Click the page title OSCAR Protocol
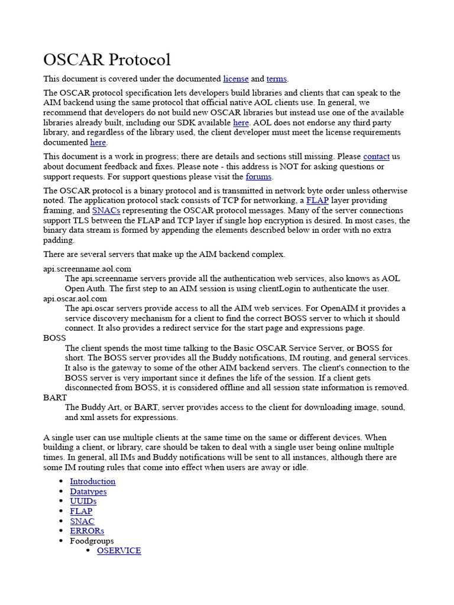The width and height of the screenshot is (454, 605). tap(107, 60)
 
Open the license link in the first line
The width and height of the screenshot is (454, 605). tap(236, 79)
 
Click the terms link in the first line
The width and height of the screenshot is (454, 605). tap(276, 79)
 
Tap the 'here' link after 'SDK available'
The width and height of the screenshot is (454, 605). tap(241, 123)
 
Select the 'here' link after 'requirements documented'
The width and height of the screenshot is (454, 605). tap(98, 142)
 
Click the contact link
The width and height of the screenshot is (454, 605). tap(376, 157)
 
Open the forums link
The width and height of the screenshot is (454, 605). tap(258, 177)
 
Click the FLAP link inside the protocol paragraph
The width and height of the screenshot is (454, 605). tap(317, 201)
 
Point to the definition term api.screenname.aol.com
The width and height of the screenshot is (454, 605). tap(87, 269)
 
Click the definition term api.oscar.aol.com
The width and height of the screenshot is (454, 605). tap(75, 298)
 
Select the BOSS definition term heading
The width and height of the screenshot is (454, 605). tap(54, 338)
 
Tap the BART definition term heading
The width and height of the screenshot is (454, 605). tap(55, 398)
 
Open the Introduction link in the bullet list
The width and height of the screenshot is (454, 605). tap(93, 482)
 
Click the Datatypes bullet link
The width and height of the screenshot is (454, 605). tap(88, 492)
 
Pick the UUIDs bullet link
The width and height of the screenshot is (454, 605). tap(83, 501)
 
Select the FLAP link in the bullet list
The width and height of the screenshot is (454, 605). tap(81, 511)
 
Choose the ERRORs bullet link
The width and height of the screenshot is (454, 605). tap(87, 531)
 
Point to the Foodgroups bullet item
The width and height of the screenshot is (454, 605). tap(92, 541)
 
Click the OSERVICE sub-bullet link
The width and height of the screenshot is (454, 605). tap(119, 551)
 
